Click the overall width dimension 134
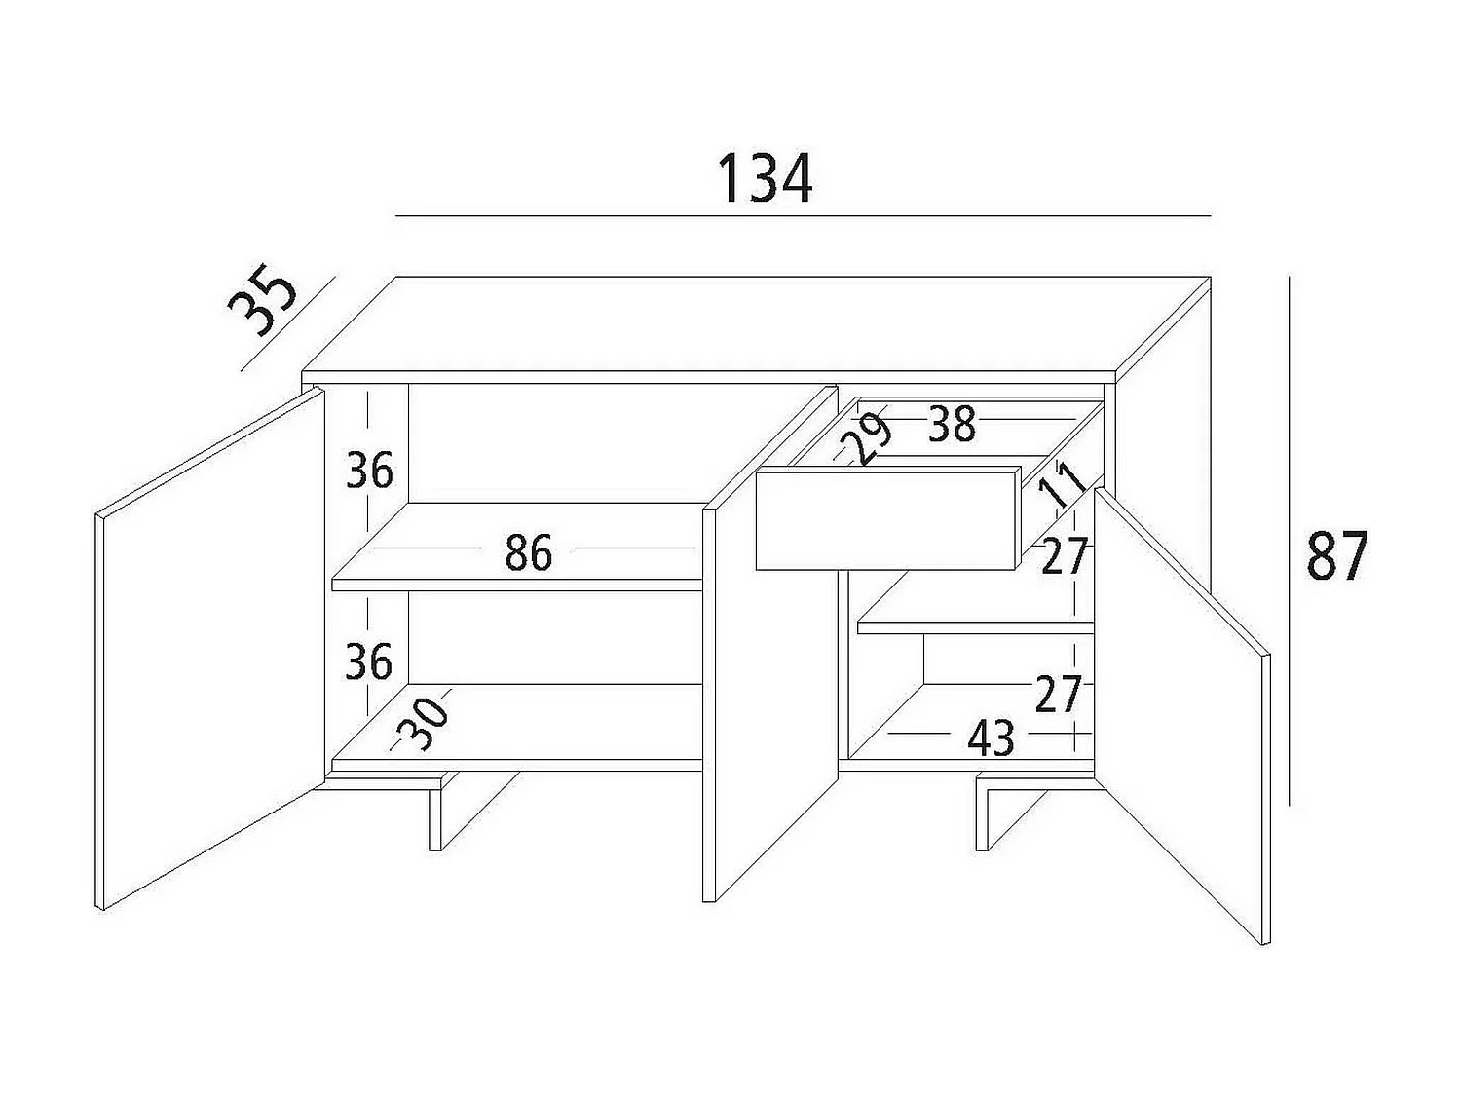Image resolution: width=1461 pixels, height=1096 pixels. (765, 179)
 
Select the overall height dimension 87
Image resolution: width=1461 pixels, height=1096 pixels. (1337, 557)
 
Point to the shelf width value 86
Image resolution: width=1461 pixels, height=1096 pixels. (529, 552)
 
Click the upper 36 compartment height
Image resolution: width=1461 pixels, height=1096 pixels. (369, 472)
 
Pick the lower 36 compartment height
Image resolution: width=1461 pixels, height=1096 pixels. (369, 662)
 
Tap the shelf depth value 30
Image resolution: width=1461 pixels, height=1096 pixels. (427, 720)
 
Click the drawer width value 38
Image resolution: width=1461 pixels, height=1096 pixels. (952, 425)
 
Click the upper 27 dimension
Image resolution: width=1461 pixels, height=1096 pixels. (1064, 557)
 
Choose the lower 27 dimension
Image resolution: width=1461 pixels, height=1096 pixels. (1059, 695)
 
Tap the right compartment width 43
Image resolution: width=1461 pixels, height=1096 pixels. (991, 739)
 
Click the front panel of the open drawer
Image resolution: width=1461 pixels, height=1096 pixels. (886, 519)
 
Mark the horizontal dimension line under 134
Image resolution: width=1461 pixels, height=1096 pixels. (804, 215)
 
